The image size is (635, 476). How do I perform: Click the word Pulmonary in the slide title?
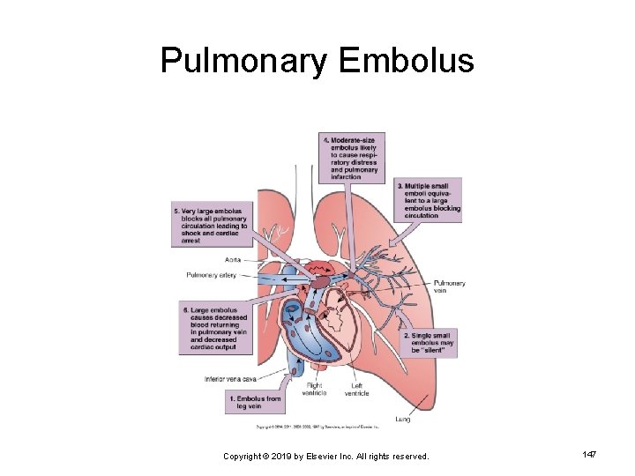pyautogui.click(x=243, y=61)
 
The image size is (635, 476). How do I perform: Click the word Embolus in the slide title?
pyautogui.click(x=407, y=61)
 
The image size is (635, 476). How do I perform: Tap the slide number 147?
pyautogui.click(x=590, y=453)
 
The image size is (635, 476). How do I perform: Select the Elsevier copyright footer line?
pyautogui.click(x=326, y=456)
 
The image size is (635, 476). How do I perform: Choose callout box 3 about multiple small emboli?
pyautogui.click(x=429, y=200)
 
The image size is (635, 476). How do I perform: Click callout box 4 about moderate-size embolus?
pyautogui.click(x=354, y=158)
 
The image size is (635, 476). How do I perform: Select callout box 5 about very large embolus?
pyautogui.click(x=210, y=226)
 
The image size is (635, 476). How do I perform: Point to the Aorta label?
pyautogui.click(x=233, y=259)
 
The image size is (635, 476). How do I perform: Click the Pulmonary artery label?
pyautogui.click(x=211, y=275)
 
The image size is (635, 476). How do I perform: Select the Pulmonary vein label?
pyautogui.click(x=450, y=286)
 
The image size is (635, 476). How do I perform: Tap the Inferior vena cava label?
pyautogui.click(x=229, y=379)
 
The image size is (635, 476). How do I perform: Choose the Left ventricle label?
pyautogui.click(x=356, y=390)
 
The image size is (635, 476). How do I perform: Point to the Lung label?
pyautogui.click(x=402, y=419)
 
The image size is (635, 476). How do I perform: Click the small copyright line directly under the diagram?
pyautogui.click(x=317, y=427)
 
